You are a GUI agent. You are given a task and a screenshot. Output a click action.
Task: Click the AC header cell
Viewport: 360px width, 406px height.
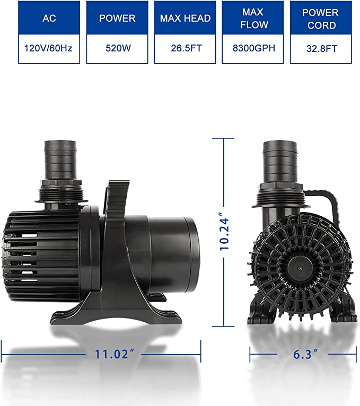coord(49,19)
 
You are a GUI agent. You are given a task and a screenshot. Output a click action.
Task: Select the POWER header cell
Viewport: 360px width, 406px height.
coord(117,19)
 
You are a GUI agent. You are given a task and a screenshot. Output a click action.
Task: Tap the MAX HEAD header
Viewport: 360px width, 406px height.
coord(185,19)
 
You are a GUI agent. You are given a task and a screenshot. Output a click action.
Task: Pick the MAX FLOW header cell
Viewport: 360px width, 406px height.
coord(253,19)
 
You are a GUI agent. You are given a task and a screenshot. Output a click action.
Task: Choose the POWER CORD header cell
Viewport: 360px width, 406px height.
coord(320,19)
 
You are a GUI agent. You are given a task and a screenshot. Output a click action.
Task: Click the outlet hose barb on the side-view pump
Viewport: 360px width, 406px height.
coord(58,159)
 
